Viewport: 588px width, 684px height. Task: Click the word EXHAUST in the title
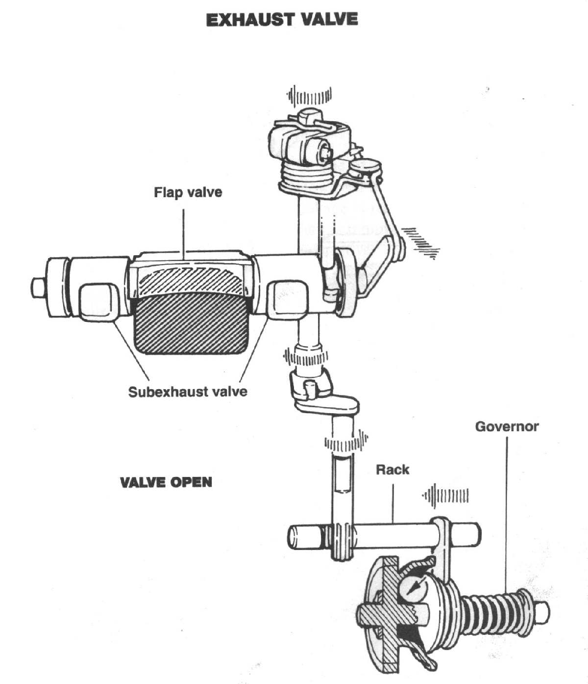[249, 20]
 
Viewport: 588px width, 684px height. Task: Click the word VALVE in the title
[330, 20]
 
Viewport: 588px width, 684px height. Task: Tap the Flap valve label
[188, 192]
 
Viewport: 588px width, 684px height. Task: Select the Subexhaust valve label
[188, 392]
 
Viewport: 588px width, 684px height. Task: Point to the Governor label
[507, 426]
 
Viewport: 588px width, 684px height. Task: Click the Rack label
[392, 470]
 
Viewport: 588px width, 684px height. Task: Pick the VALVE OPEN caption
[166, 482]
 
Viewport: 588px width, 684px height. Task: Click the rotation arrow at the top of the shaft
[309, 97]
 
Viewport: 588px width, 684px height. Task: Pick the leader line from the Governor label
[507, 514]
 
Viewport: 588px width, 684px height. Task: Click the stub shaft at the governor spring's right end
[540, 612]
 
